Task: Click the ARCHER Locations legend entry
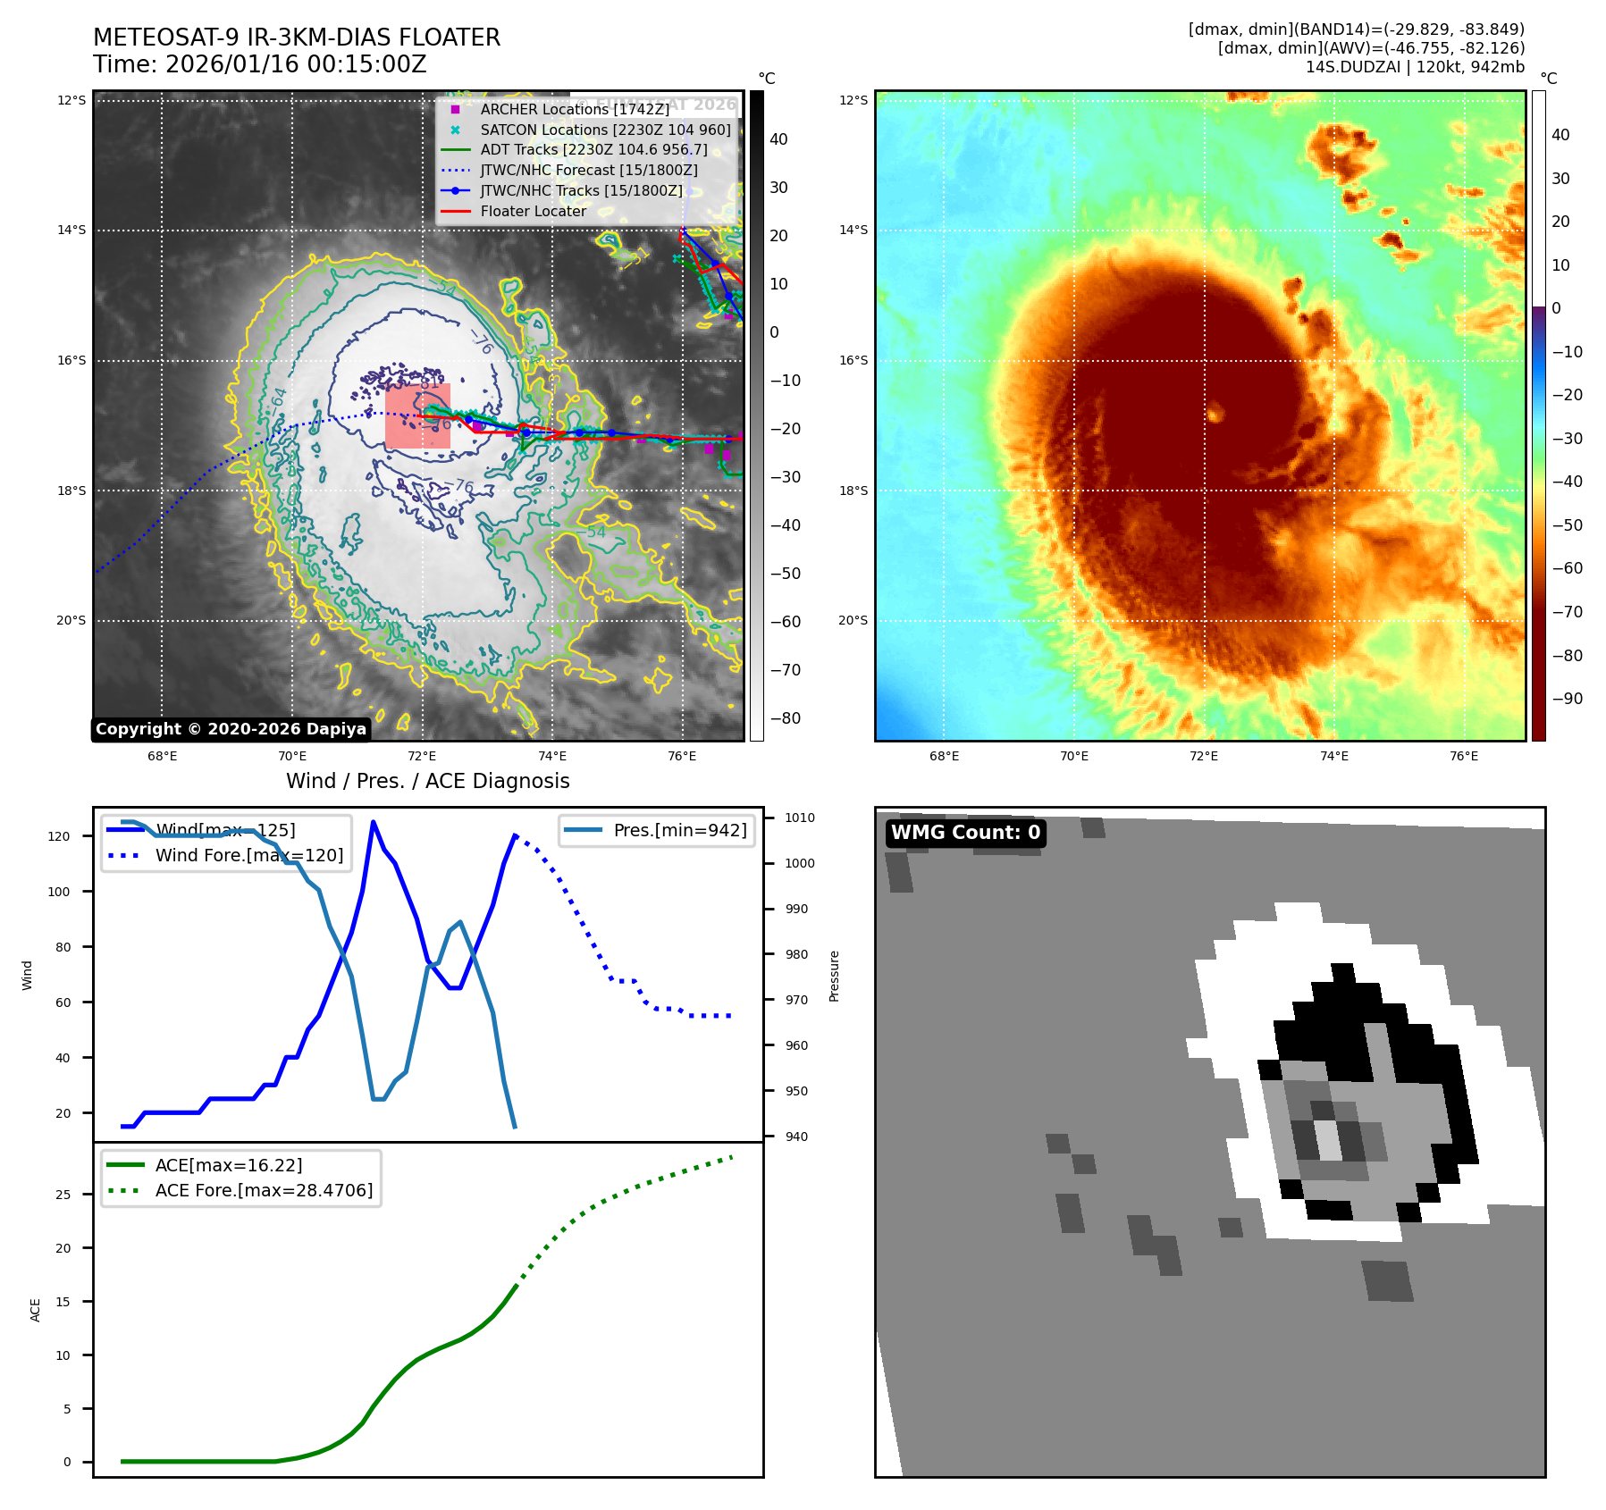(574, 109)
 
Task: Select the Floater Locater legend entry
(533, 211)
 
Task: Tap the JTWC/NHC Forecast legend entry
(588, 170)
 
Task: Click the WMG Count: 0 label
(965, 833)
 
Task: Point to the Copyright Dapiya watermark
(231, 729)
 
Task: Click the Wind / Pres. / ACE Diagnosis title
(427, 781)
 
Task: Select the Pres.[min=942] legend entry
(679, 830)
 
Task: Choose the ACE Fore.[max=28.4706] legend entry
(264, 1190)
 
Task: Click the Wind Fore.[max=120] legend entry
(248, 855)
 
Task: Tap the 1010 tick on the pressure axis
(800, 818)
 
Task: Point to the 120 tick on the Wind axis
(59, 836)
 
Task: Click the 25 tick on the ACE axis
(63, 1195)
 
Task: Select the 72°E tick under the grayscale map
(422, 756)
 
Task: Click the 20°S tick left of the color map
(853, 620)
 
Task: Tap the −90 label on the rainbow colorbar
(1567, 699)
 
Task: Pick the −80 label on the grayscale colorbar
(786, 718)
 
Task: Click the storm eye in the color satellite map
(1215, 413)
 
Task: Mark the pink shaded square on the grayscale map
(417, 416)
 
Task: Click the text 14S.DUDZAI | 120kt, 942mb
(1415, 67)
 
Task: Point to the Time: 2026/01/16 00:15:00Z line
(260, 64)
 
